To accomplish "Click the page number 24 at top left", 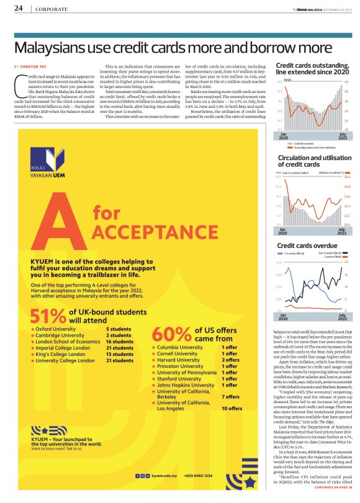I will coord(19,8).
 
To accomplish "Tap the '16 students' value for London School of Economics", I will coord(120,341).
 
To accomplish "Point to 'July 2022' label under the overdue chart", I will coord(340,318).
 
